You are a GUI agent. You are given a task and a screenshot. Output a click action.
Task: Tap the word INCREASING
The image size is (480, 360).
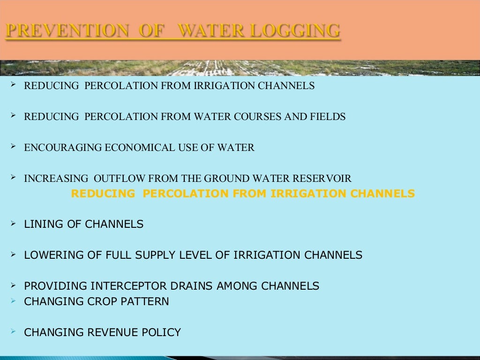[x=56, y=179]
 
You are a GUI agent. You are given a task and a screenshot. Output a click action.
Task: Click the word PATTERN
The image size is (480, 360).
[x=145, y=301]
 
